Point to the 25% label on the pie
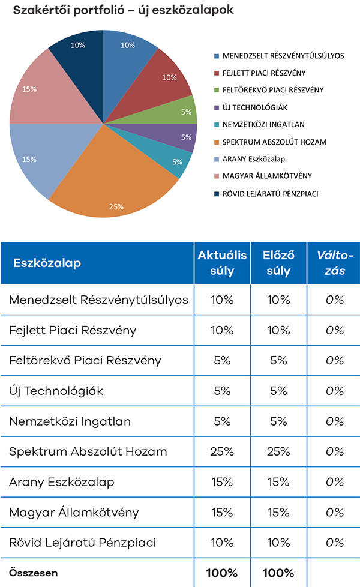(116, 206)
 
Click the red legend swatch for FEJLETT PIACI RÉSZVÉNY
(217, 73)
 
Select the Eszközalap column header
(47, 263)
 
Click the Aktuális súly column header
(223, 263)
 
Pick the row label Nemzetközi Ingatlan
(70, 421)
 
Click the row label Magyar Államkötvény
(74, 513)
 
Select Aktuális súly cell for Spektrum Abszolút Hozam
(223, 451)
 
